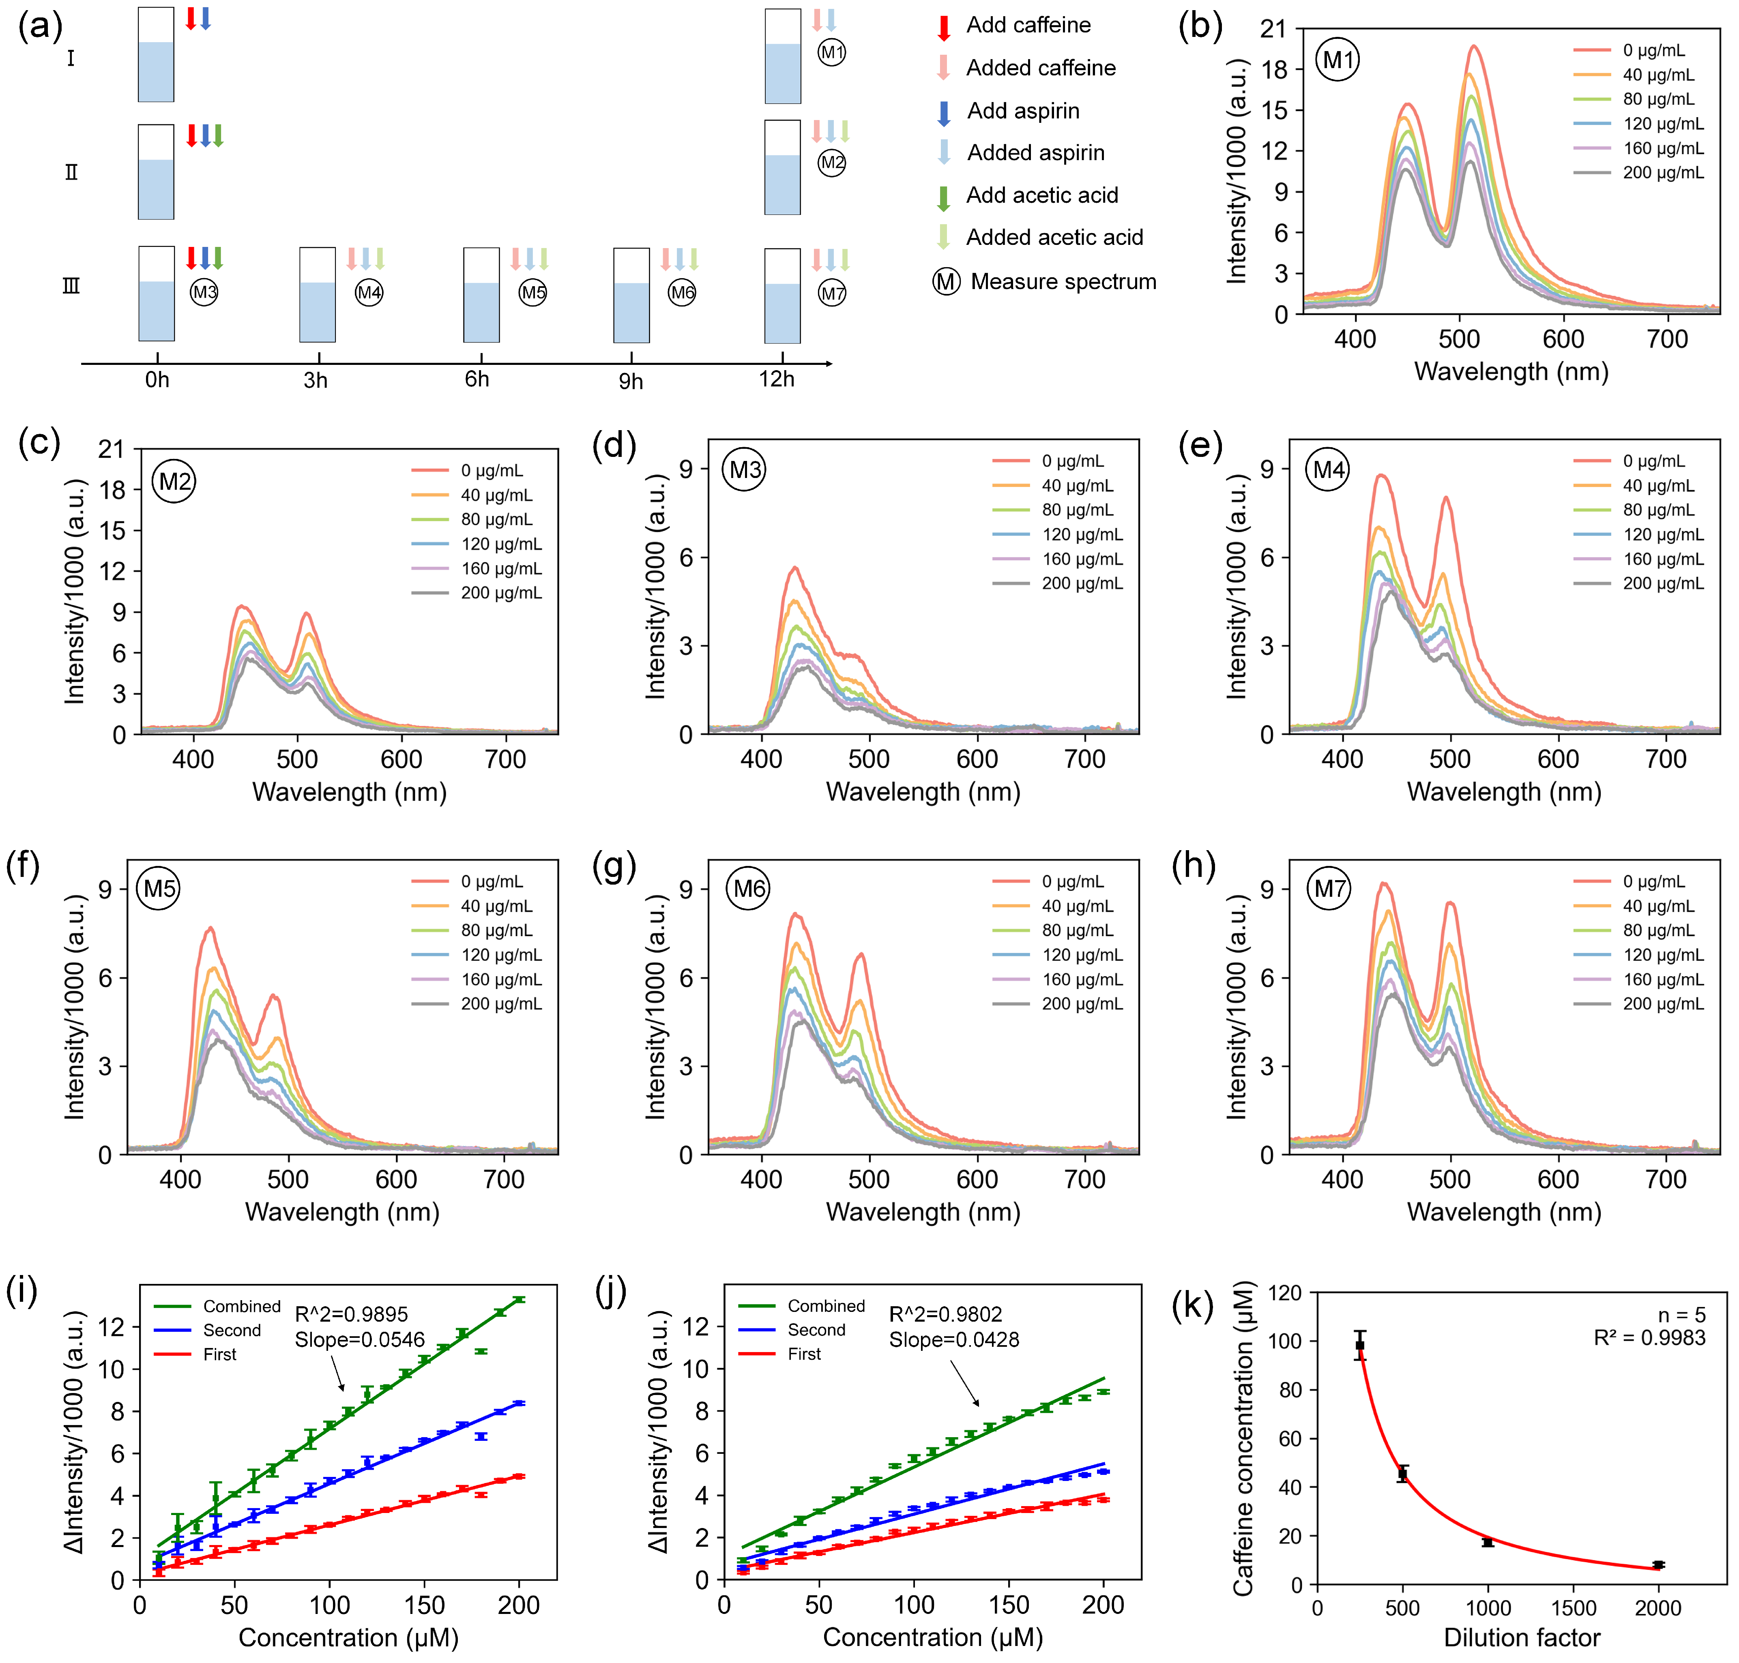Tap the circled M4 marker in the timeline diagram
369,293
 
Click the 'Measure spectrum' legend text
1063,282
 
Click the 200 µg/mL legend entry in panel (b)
1663,173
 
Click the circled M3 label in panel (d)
745,470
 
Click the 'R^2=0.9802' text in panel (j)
945,1315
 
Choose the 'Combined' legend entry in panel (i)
241,1307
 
